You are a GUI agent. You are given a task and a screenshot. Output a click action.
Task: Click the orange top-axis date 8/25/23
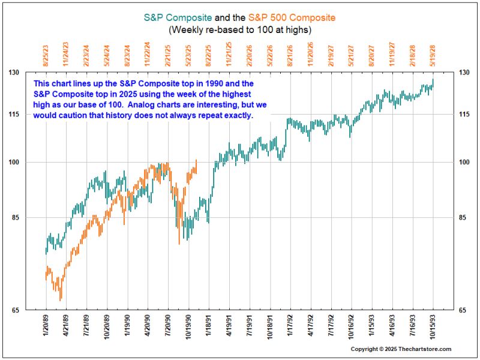pos(46,53)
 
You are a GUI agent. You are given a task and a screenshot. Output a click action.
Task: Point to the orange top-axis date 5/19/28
pos(433,53)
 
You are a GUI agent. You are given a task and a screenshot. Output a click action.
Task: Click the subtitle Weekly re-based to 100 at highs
pos(240,29)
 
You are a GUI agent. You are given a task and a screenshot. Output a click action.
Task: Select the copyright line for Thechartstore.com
pos(401,349)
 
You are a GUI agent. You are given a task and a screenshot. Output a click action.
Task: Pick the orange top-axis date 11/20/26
pos(310,53)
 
